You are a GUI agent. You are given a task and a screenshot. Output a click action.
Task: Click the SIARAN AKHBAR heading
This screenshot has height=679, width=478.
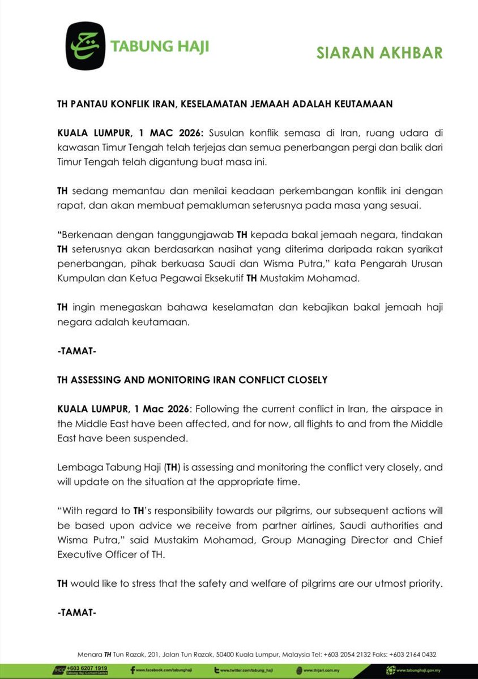(379, 53)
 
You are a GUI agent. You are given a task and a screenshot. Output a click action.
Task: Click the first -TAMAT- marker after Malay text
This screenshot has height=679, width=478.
(76, 351)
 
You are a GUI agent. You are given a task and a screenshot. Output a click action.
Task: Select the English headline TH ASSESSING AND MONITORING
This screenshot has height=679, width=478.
(193, 380)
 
